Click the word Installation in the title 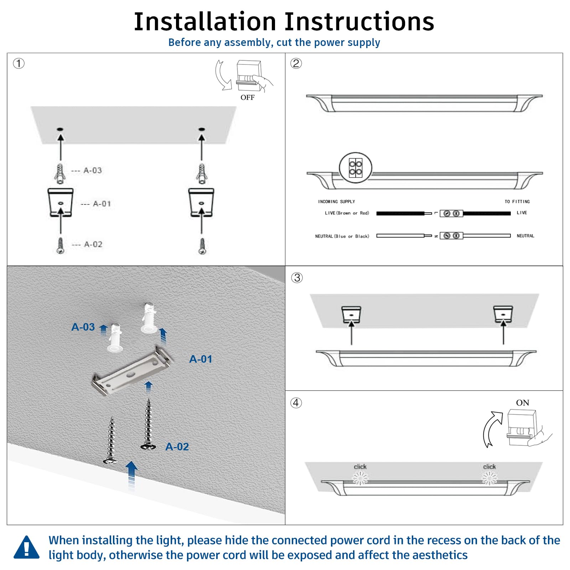[x=205, y=22]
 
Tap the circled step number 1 [x=19, y=64]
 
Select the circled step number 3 [x=297, y=278]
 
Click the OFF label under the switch [x=247, y=98]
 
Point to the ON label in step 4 [x=522, y=403]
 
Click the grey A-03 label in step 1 [x=93, y=171]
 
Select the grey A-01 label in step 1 [x=102, y=204]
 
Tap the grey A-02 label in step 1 [x=93, y=244]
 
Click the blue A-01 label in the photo [x=201, y=359]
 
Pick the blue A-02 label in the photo [x=177, y=447]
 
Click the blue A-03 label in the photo [x=83, y=327]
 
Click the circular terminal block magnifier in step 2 [x=355, y=168]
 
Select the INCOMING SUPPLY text [x=336, y=202]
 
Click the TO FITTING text [x=517, y=202]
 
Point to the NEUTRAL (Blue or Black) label [x=342, y=236]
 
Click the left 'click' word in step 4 [x=360, y=467]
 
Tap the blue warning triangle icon [x=26, y=548]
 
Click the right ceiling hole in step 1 [x=202, y=129]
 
